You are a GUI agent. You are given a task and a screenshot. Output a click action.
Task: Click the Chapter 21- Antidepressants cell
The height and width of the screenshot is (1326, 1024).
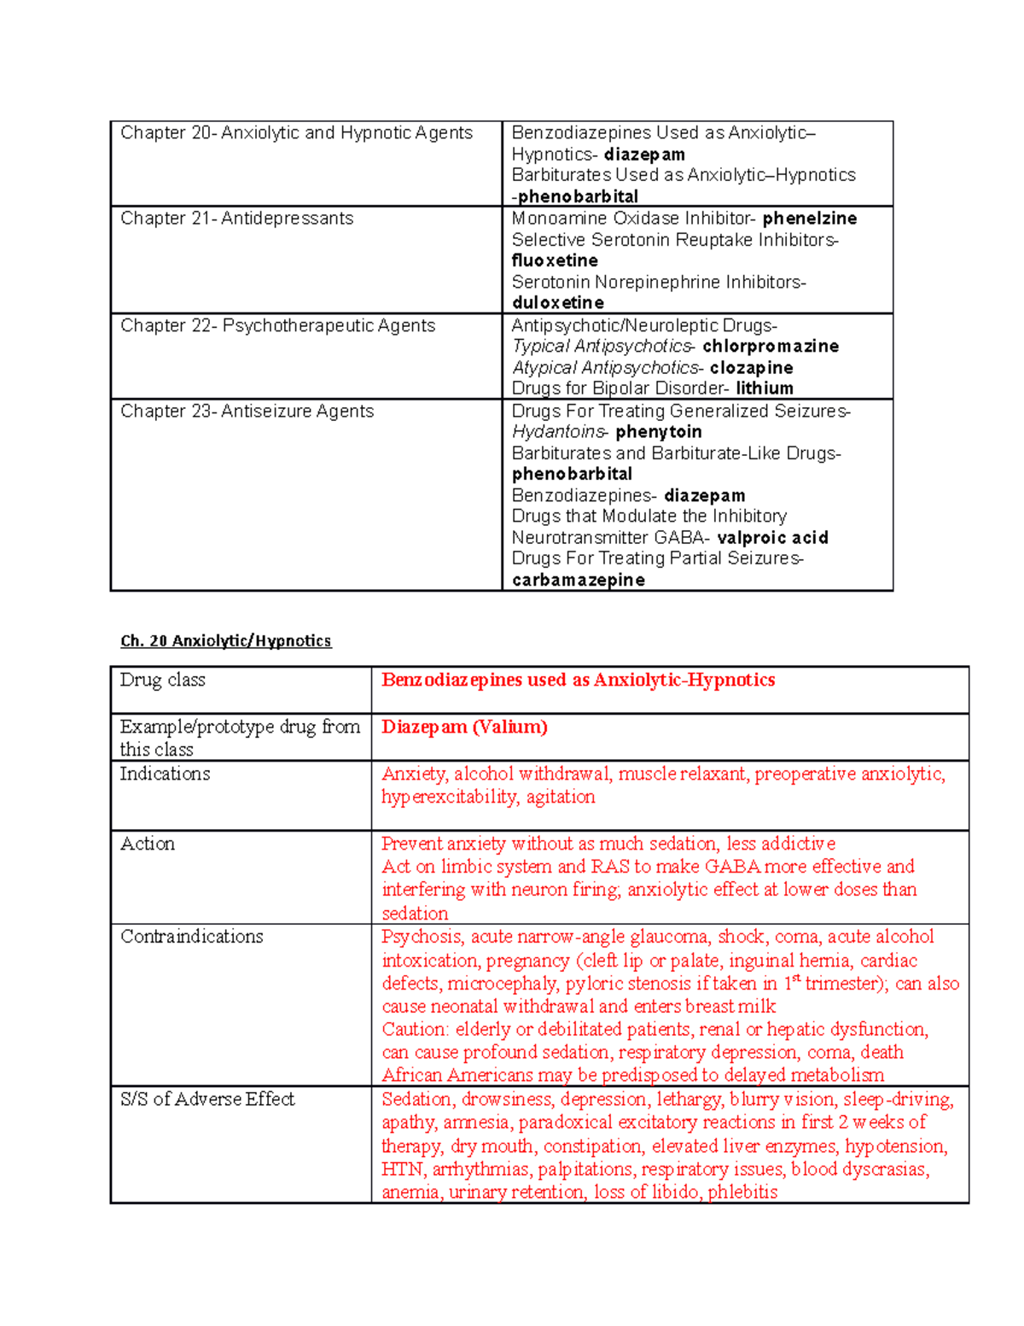click(x=236, y=219)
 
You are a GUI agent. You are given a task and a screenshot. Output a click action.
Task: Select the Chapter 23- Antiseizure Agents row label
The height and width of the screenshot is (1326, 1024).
click(x=247, y=412)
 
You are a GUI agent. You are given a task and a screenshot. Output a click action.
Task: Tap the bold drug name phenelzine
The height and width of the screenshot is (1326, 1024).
click(x=809, y=219)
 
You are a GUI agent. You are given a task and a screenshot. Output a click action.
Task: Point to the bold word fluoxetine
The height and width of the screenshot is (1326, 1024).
click(x=555, y=260)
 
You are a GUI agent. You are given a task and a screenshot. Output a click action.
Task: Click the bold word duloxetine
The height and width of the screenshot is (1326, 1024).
click(x=557, y=303)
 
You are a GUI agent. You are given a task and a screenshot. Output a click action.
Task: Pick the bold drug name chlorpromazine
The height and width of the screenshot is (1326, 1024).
click(x=770, y=347)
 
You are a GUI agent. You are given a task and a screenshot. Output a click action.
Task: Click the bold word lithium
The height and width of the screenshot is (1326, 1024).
click(x=764, y=388)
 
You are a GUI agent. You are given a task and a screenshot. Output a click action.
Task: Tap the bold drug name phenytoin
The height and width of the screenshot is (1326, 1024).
click(x=658, y=432)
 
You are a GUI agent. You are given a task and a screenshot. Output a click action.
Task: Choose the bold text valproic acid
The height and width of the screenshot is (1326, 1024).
click(x=772, y=538)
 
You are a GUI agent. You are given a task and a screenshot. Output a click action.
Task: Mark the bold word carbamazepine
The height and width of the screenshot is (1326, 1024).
click(x=578, y=581)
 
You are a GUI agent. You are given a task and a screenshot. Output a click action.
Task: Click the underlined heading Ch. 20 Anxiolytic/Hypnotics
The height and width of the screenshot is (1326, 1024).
click(x=225, y=641)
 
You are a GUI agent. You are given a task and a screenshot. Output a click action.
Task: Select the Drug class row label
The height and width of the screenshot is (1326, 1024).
click(x=162, y=681)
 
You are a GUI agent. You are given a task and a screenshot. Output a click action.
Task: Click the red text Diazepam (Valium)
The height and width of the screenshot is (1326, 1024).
click(x=464, y=727)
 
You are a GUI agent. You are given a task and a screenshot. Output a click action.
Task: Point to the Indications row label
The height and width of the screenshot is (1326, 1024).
click(x=165, y=774)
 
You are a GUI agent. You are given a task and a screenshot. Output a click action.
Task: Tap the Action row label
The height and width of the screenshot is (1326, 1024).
click(x=148, y=844)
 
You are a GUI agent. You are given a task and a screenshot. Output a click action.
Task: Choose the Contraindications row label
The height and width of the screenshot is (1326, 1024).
click(x=191, y=937)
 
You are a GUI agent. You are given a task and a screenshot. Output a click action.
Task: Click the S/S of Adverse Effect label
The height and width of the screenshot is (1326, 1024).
click(x=207, y=1100)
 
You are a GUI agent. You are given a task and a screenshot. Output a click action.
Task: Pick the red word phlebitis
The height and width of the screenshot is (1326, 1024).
click(x=742, y=1193)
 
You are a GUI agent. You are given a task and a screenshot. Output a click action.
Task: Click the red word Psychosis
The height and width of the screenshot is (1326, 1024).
click(x=422, y=938)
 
